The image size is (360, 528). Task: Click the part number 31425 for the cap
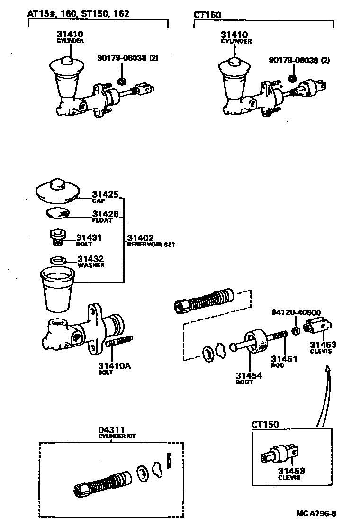[x=105, y=194]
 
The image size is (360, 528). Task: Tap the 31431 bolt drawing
[x=56, y=237]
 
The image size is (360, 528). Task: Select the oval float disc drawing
[x=57, y=213]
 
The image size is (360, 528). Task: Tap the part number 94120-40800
[x=296, y=312]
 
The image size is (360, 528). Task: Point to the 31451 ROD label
[x=284, y=361]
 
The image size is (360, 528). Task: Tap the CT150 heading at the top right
[x=207, y=14]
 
